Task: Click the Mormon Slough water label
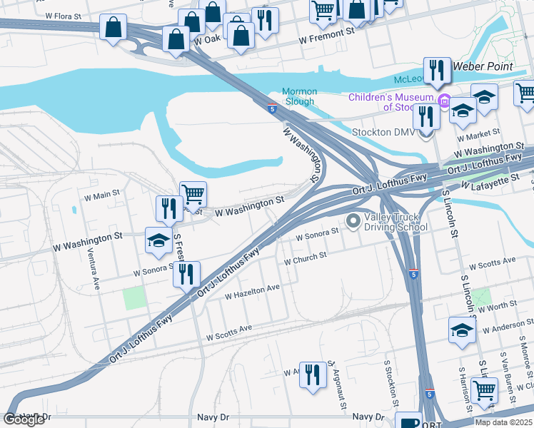[x=298, y=96]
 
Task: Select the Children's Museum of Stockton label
[x=391, y=102]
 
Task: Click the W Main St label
[x=101, y=194]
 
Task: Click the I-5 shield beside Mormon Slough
[x=273, y=108]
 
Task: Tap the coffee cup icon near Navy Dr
[x=408, y=421]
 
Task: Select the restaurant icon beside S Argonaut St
[x=312, y=374]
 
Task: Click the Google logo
[x=24, y=419]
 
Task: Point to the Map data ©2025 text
[x=503, y=422]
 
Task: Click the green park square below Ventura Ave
[x=133, y=298]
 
